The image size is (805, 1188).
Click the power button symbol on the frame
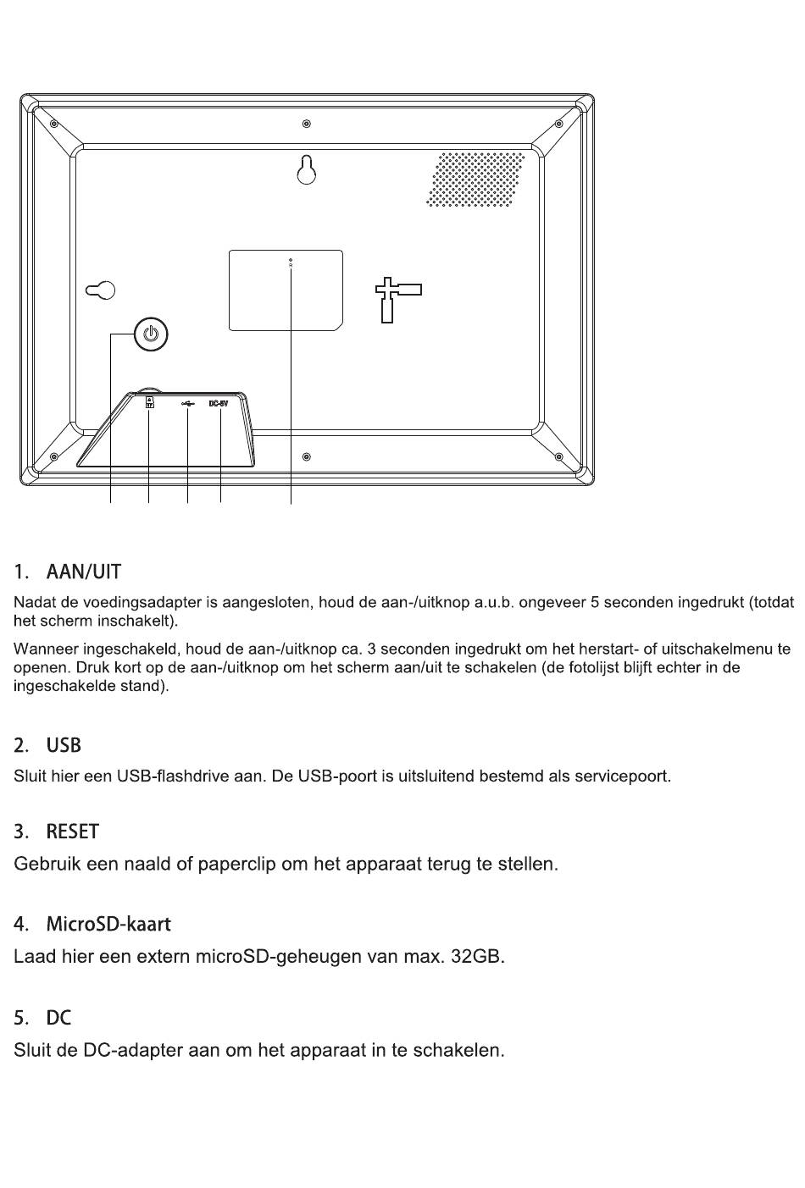click(150, 334)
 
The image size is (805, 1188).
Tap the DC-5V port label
click(219, 404)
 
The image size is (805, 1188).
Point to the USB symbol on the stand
click(187, 404)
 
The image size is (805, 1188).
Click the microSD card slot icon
click(149, 402)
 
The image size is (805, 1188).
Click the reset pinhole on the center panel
click(291, 261)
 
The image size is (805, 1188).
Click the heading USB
click(64, 745)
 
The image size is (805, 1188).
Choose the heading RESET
click(72, 832)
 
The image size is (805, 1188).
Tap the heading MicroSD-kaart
click(108, 923)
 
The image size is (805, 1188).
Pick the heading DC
click(58, 1017)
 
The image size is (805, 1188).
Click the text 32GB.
click(477, 958)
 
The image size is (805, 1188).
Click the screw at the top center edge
click(307, 124)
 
